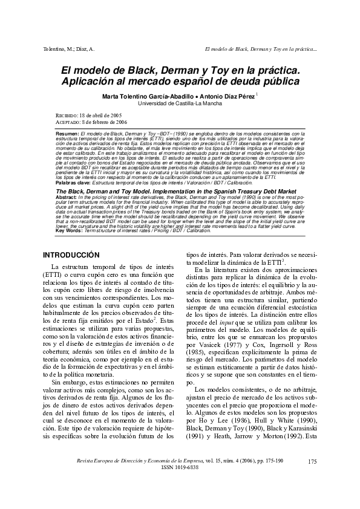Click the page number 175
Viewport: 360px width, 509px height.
[312, 478]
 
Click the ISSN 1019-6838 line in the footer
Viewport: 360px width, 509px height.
[180, 484]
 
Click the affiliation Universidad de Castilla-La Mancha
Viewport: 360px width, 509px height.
[180, 103]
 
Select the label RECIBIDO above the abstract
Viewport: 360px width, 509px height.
[59, 115]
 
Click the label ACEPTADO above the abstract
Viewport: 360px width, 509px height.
[60, 122]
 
